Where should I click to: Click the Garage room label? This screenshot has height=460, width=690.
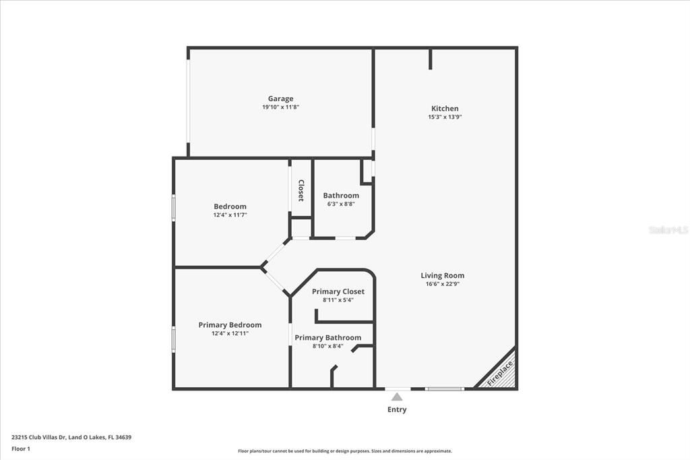(280, 98)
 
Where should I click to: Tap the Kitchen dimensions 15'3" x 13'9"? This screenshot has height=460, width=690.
(445, 117)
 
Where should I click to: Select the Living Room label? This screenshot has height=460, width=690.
(442, 275)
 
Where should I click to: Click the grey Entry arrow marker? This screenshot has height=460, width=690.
(397, 397)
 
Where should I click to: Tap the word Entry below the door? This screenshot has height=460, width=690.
(397, 409)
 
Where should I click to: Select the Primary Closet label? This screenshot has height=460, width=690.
(338, 291)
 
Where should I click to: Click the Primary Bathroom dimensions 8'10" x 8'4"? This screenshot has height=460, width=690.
(327, 346)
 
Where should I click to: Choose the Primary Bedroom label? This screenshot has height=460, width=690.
(230, 324)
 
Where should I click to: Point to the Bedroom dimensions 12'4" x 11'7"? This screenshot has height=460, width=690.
(230, 214)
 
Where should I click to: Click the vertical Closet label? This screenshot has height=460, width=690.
(301, 190)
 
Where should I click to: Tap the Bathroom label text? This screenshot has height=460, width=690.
(341, 196)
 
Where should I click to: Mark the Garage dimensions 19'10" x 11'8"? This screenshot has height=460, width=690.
(280, 107)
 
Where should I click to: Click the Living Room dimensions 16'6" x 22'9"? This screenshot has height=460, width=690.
(442, 284)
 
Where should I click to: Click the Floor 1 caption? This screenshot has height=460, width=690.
(21, 448)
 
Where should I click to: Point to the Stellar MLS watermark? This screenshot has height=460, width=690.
(668, 230)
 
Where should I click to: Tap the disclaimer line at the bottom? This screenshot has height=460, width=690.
(344, 451)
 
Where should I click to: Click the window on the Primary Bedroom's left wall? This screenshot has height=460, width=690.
(174, 339)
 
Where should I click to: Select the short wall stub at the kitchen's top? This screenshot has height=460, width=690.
(431, 59)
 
